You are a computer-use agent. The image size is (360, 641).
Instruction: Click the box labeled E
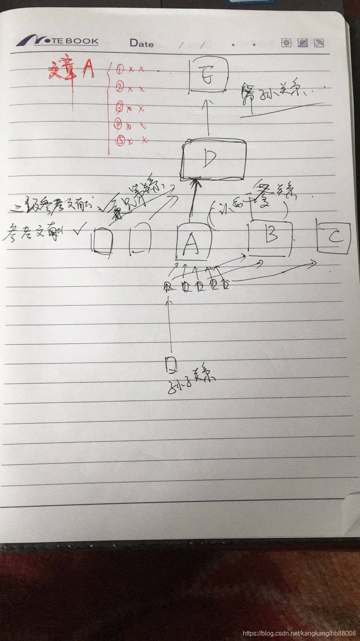pyautogui.click(x=208, y=75)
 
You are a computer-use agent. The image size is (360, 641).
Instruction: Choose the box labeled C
pyautogui.click(x=334, y=237)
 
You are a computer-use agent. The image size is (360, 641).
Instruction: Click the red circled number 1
pyautogui.click(x=120, y=69)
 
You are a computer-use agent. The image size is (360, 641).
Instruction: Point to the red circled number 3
pyautogui.click(x=119, y=107)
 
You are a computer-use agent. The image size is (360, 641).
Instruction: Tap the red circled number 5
pyautogui.click(x=119, y=140)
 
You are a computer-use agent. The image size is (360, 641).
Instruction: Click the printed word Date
pyautogui.click(x=142, y=43)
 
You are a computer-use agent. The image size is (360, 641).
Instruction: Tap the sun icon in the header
pyautogui.click(x=286, y=43)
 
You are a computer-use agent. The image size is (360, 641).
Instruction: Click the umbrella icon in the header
pyautogui.click(x=319, y=43)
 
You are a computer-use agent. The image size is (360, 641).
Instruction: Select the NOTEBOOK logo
pyautogui.click(x=58, y=41)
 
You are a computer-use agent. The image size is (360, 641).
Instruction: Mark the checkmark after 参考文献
pyautogui.click(x=79, y=230)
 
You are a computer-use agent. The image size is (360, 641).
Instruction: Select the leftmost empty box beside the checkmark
pyautogui.click(x=102, y=240)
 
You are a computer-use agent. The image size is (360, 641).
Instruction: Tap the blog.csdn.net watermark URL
pyautogui.click(x=300, y=633)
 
